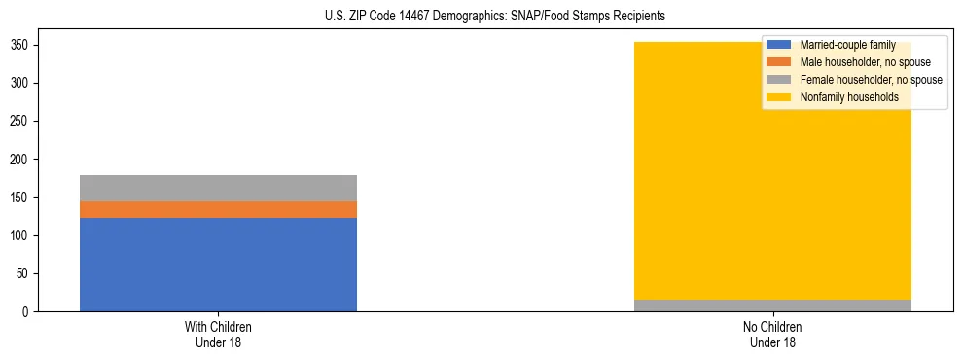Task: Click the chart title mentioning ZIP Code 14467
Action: point(495,17)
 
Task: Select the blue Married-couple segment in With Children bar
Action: point(218,264)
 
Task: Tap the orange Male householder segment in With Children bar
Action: point(218,209)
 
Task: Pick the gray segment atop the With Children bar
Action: point(218,188)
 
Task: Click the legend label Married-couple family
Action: point(847,45)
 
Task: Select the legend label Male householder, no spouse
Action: point(865,62)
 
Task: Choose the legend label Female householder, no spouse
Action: point(871,80)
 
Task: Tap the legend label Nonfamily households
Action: point(848,97)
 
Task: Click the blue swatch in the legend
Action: point(779,45)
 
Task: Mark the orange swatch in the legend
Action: point(779,62)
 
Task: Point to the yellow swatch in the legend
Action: point(779,97)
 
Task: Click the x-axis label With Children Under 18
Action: point(218,334)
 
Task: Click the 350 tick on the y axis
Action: point(19,45)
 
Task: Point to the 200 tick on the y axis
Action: point(19,160)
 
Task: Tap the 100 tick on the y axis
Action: point(19,235)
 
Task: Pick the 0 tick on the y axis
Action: point(25,311)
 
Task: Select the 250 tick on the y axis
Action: point(19,121)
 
